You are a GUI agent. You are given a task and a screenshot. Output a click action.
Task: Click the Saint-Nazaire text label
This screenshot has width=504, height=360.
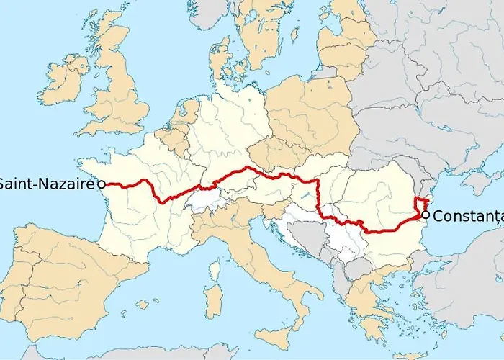pyautogui.click(x=45, y=184)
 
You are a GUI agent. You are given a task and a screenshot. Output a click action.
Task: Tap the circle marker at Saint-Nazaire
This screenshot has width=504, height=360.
pyautogui.click(x=102, y=184)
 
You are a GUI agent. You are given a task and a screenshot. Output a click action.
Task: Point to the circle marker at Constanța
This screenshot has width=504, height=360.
pyautogui.click(x=426, y=215)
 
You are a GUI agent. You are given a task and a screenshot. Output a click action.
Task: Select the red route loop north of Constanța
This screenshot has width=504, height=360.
pyautogui.click(x=420, y=204)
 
